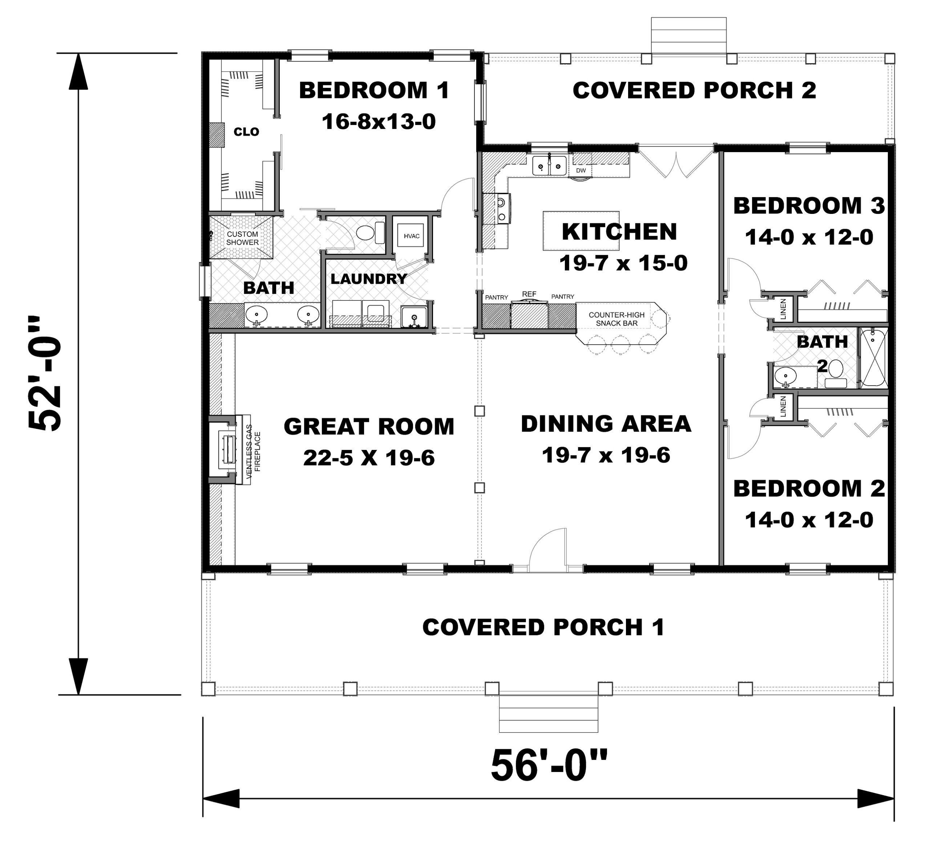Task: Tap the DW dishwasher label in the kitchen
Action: pos(581,171)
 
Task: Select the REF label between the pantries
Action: pos(529,294)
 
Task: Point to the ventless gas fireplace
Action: pos(228,449)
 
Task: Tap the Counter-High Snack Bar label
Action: pos(616,319)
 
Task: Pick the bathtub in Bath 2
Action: pos(873,358)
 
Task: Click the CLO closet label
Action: pos(246,132)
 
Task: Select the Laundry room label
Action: pos(368,279)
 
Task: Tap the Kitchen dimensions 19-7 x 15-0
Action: pos(623,263)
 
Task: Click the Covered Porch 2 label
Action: pos(694,90)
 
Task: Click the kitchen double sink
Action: pos(549,166)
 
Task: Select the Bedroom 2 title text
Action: pos(809,488)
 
